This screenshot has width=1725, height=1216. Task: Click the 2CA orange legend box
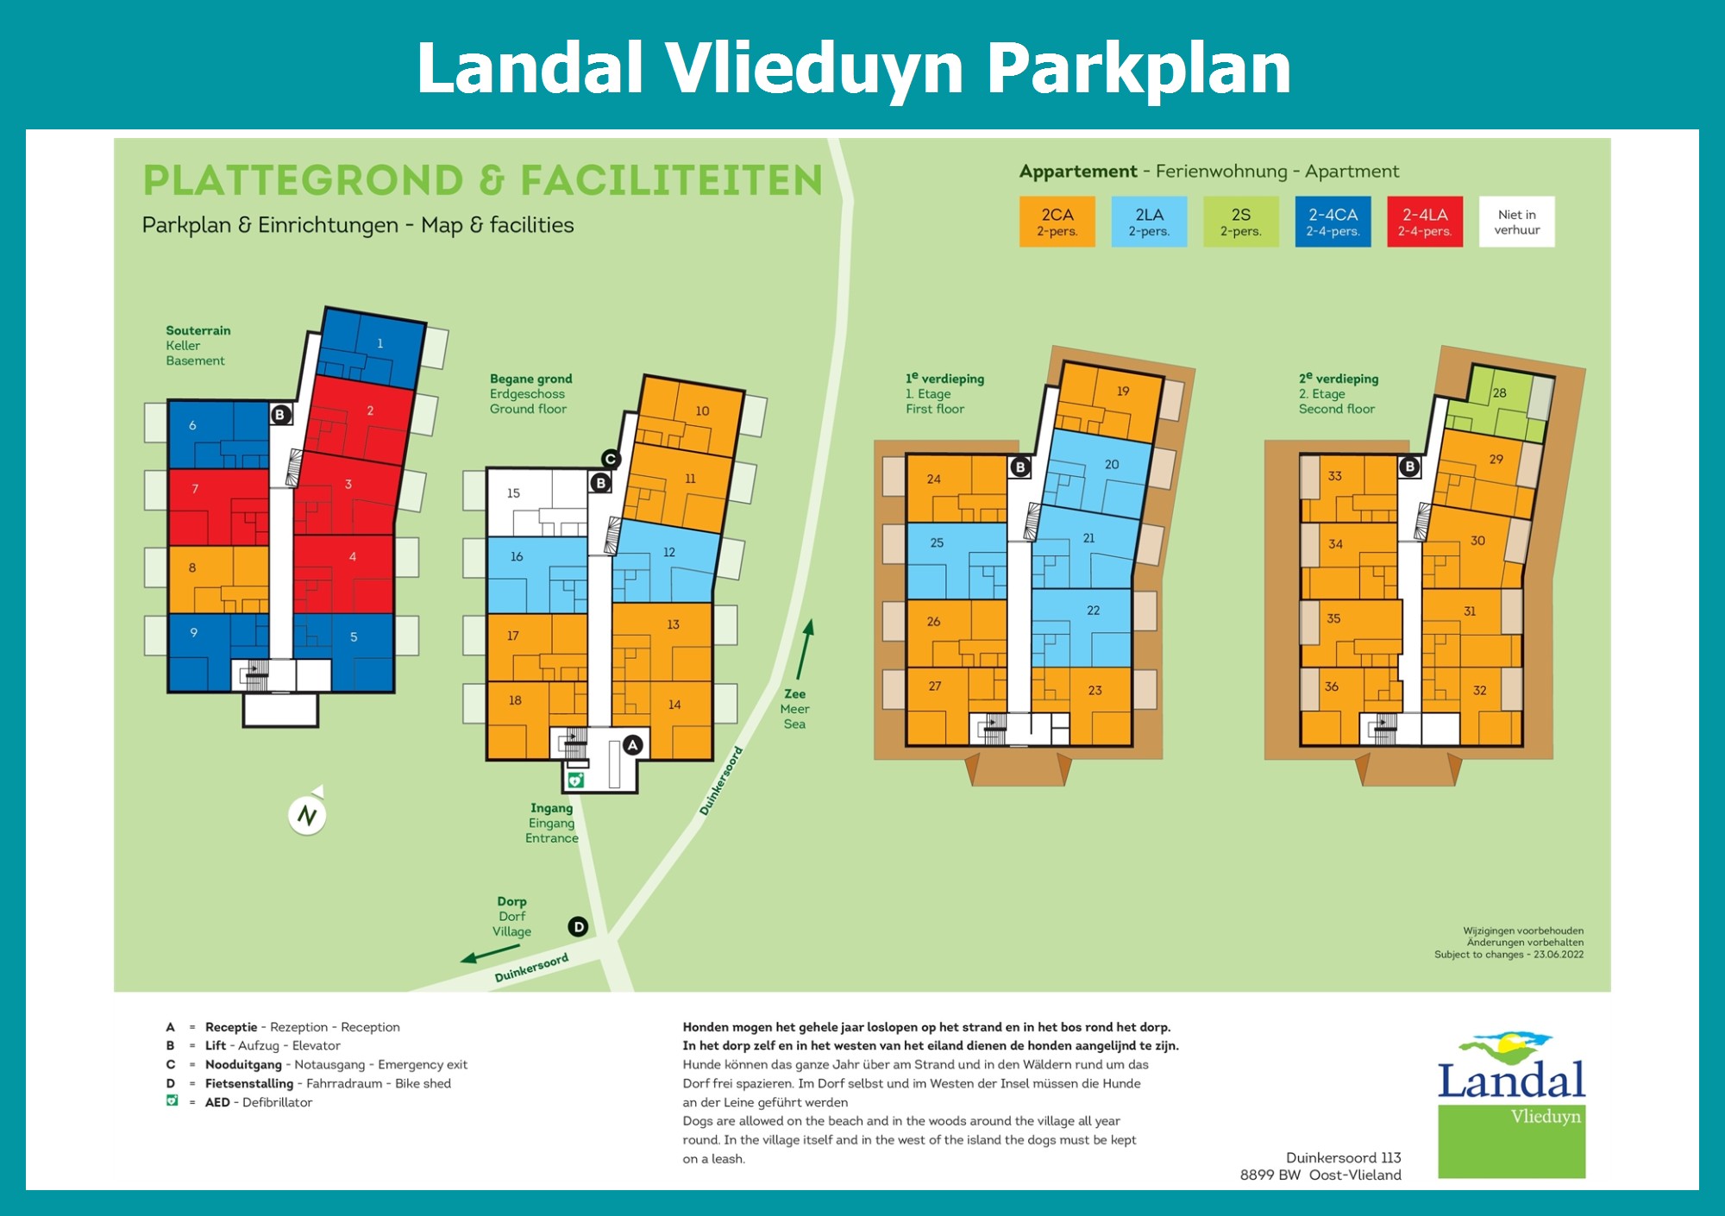click(1057, 222)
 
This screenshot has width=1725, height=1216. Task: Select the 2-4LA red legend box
click(1425, 222)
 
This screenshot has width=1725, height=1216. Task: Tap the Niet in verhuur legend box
click(1517, 222)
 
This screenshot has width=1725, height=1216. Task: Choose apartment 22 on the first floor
click(1082, 628)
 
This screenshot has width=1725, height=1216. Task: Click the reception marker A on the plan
click(633, 745)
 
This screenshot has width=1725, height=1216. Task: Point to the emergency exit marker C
click(611, 459)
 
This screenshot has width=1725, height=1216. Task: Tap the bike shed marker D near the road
click(578, 927)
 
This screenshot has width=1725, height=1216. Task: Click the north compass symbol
click(307, 813)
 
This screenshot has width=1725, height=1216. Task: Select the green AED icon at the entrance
click(575, 780)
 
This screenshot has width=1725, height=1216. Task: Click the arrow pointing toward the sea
click(804, 649)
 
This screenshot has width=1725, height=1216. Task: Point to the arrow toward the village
click(490, 953)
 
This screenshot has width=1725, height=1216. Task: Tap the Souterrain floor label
click(198, 330)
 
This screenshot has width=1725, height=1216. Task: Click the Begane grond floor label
click(530, 379)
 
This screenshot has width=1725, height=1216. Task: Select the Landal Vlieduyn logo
click(1511, 1105)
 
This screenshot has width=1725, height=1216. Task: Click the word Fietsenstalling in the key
click(249, 1083)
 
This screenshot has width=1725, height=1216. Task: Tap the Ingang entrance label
click(551, 808)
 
